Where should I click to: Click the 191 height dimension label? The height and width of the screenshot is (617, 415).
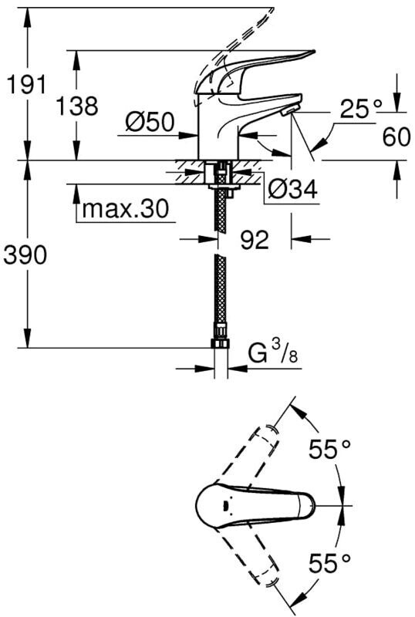point(27,85)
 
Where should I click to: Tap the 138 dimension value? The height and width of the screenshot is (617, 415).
point(77,106)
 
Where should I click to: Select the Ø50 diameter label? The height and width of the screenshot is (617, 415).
point(150,122)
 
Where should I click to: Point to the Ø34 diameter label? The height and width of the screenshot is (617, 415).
point(292,190)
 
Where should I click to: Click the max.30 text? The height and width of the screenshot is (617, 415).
point(126,209)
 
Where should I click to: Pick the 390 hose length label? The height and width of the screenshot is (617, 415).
point(25,255)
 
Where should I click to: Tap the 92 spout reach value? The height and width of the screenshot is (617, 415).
point(255,239)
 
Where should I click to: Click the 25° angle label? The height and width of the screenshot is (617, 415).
point(361,109)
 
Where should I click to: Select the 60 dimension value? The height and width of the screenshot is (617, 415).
point(396,137)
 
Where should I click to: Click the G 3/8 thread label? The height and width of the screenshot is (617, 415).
point(273,352)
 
